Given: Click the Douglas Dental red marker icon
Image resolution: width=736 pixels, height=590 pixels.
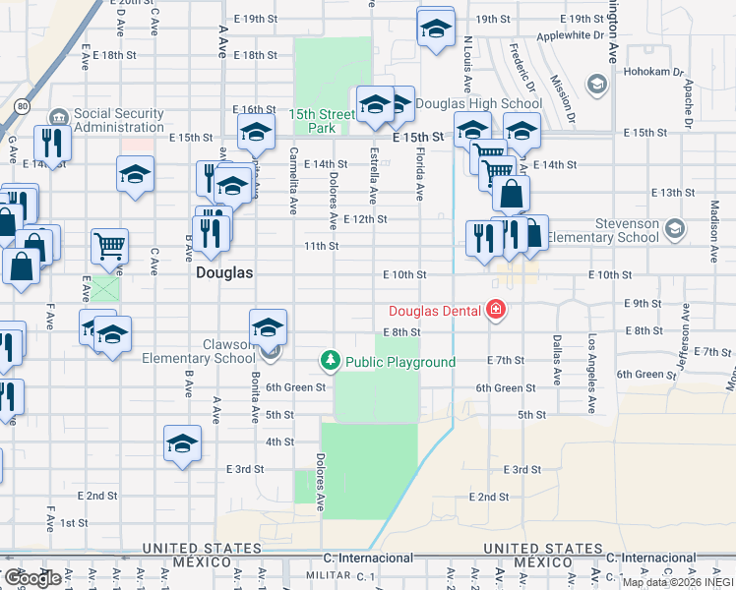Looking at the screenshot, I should tap(497, 312).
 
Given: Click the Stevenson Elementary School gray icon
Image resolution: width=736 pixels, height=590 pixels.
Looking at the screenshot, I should tap(674, 229).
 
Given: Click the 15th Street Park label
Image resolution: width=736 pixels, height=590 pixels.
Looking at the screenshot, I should tap(321, 121).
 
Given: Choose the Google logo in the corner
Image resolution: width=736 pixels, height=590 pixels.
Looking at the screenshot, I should tap(31, 578).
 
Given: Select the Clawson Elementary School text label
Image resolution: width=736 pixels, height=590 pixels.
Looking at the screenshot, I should tap(199, 351).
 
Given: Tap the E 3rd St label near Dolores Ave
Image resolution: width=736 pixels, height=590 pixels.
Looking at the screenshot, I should tap(245, 469).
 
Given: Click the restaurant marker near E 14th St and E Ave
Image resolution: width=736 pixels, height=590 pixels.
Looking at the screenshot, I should tap(50, 143).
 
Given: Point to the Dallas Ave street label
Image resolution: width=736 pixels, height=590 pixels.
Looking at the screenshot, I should tap(557, 359).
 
